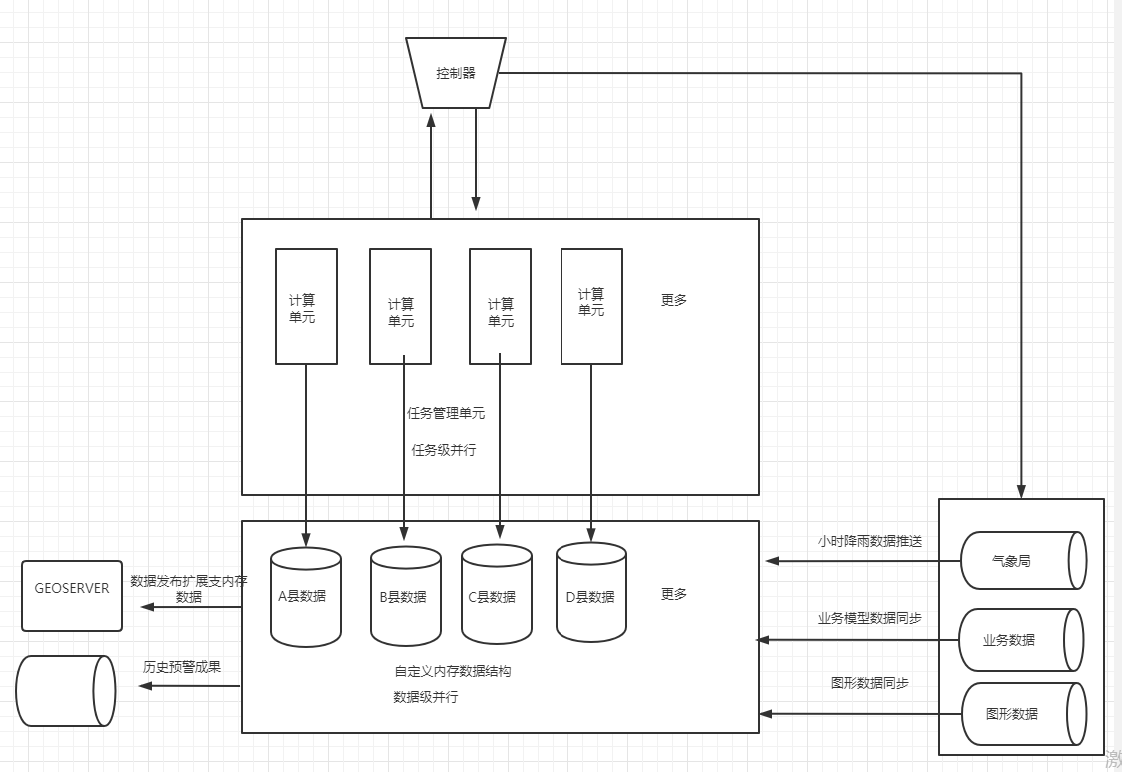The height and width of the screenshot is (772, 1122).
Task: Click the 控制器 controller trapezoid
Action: pos(455,73)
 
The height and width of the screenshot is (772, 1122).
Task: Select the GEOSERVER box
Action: pos(72,595)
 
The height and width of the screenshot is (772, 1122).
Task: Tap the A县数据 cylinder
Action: pos(306,597)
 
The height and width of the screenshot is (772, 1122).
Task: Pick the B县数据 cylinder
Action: pos(405,597)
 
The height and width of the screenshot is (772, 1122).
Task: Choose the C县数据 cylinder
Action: pos(496,597)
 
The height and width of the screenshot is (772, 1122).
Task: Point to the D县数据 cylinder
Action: pos(590,596)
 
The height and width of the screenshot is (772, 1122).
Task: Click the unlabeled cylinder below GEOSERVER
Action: pos(66,691)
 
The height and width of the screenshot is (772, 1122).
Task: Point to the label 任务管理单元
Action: pos(446,413)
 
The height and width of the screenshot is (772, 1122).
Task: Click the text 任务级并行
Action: pos(444,450)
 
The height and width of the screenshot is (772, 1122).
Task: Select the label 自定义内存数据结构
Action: pos(453,672)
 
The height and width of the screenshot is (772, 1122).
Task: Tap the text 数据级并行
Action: pos(426,697)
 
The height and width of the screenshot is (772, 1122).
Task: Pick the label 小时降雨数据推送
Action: pos(869,542)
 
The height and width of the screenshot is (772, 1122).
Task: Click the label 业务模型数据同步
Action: pos(869,619)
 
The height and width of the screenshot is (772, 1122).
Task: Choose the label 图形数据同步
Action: pos(869,684)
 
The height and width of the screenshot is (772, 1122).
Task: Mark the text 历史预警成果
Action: pos(181,667)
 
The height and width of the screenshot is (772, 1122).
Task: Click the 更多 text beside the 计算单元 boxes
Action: pos(674,300)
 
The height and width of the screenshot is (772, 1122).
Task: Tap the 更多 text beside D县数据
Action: pos(674,594)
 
